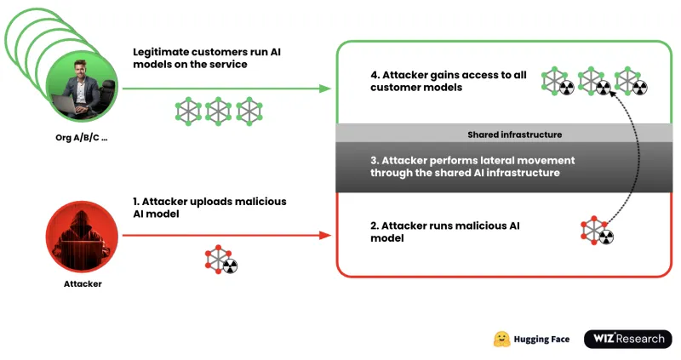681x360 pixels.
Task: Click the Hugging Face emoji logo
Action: (x=502, y=339)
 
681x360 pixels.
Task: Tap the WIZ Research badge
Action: (x=627, y=339)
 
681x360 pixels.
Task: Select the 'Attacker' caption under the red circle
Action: (x=83, y=283)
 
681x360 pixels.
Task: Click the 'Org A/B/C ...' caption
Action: (x=83, y=137)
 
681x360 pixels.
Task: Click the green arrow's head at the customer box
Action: (x=324, y=89)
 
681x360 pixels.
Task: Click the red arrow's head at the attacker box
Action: (x=324, y=232)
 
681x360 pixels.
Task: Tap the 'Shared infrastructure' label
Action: (x=514, y=134)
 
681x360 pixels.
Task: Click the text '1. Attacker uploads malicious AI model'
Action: (x=209, y=208)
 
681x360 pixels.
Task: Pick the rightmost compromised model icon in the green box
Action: (x=632, y=82)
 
